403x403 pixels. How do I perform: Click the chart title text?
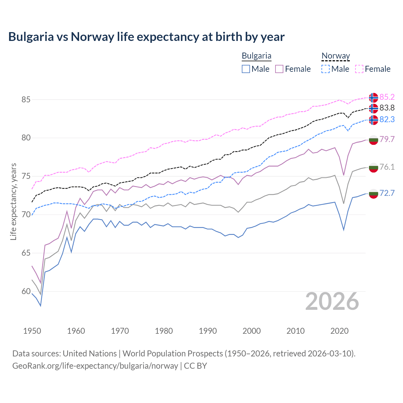(x=146, y=37)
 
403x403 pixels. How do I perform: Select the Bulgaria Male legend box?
(x=246, y=69)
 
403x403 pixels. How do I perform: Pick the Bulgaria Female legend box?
(x=279, y=69)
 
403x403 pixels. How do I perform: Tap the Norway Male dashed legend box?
(x=326, y=69)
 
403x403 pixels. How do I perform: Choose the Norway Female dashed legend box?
(x=359, y=69)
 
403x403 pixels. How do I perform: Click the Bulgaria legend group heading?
(x=256, y=56)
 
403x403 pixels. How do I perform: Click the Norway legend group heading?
(x=336, y=56)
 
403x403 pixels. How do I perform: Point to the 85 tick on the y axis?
(x=26, y=99)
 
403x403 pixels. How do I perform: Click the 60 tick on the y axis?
(x=26, y=292)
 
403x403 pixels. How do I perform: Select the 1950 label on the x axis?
(x=32, y=331)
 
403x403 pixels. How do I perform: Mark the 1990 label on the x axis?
(x=208, y=331)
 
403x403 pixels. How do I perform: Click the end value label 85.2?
(x=387, y=97)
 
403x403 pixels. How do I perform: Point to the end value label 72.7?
(x=387, y=193)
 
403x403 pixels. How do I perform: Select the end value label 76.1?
(x=387, y=167)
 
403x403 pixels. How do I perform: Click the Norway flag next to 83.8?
(x=373, y=108)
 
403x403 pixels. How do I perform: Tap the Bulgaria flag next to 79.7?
(x=373, y=140)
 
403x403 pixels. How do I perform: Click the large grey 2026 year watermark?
(x=332, y=301)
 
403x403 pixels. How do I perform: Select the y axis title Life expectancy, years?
(x=14, y=201)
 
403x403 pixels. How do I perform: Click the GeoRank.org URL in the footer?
(x=95, y=366)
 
